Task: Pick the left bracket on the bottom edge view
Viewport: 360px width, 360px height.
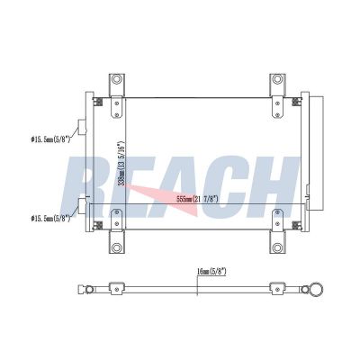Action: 114,289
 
